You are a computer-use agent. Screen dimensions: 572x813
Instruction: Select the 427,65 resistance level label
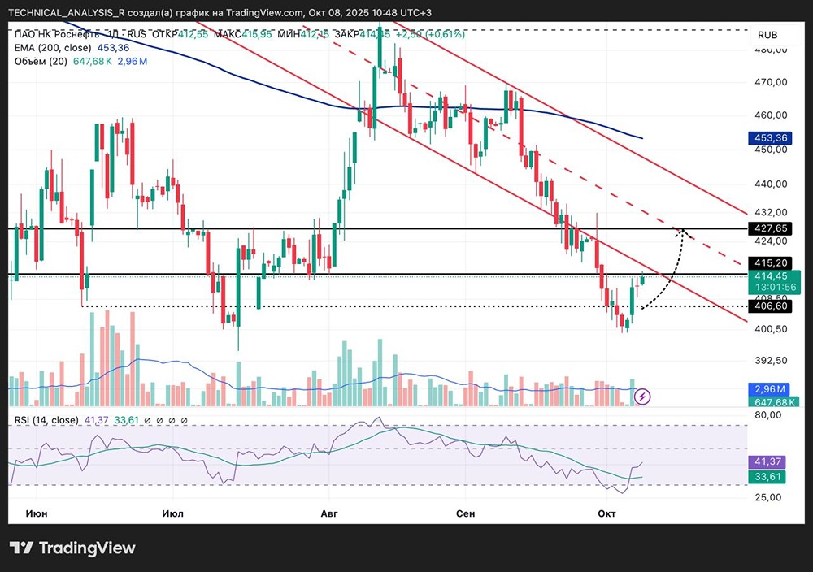coord(771,228)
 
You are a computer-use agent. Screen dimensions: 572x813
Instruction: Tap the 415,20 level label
coord(771,263)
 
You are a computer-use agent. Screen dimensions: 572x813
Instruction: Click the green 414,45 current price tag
coord(771,276)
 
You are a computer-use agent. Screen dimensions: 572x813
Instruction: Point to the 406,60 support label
coord(771,305)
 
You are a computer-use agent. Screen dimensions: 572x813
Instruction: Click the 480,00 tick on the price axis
coord(771,50)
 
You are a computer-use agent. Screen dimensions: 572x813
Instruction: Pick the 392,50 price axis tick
coord(771,360)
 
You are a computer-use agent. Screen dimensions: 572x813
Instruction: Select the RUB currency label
coord(767,35)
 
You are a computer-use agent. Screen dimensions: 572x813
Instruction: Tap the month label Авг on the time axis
coord(329,513)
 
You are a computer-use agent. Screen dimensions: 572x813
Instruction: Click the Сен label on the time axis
coord(465,513)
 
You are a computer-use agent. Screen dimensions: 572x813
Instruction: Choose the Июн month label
coord(37,513)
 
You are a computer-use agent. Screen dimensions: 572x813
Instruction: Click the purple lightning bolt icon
coord(643,396)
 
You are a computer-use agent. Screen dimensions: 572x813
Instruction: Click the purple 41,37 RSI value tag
coord(769,461)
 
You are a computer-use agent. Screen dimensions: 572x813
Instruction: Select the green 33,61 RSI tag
coord(769,476)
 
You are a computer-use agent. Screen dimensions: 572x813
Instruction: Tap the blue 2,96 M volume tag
coord(769,389)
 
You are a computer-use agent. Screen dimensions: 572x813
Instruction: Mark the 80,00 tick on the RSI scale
coord(769,414)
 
